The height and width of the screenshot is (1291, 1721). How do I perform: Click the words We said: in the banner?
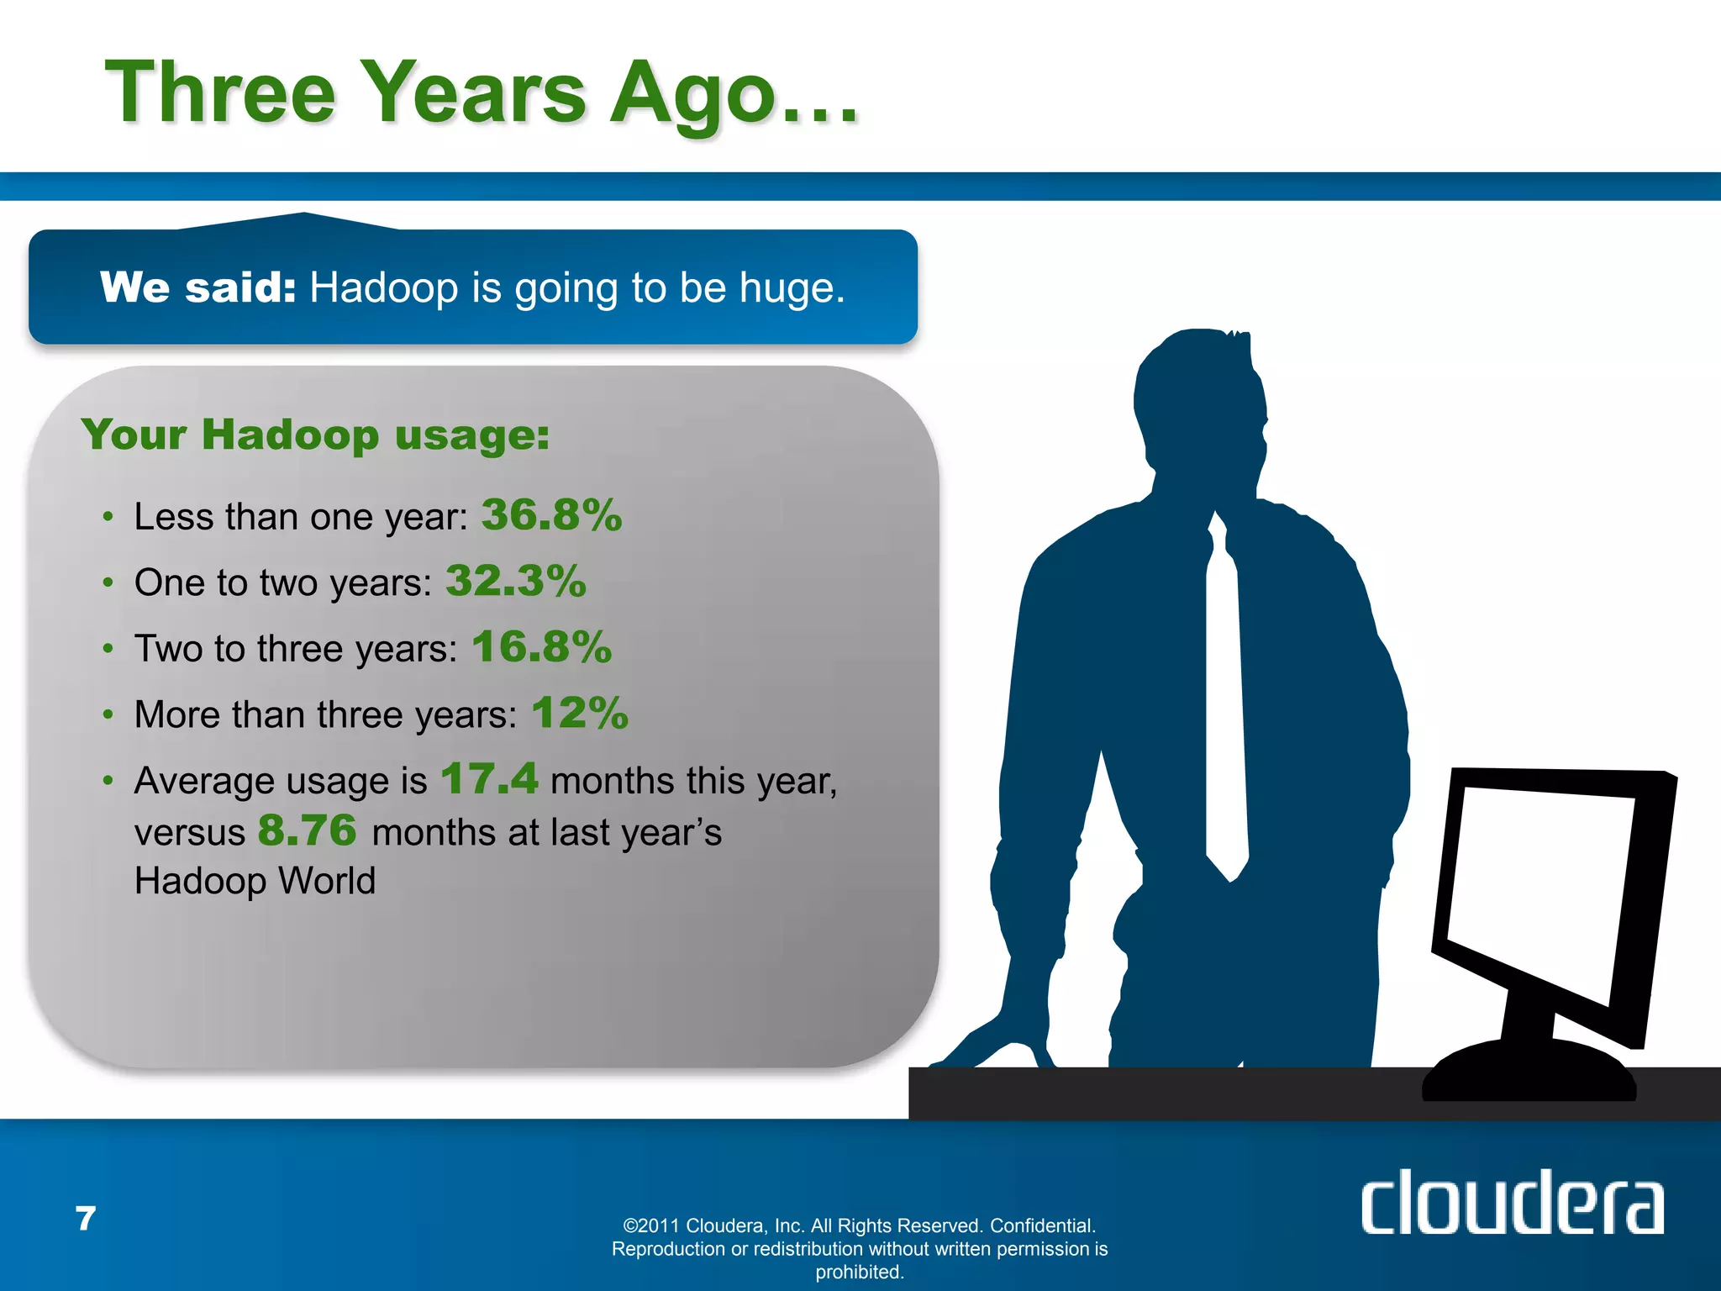pos(198,287)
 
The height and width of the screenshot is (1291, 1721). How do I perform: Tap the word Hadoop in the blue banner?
pos(384,288)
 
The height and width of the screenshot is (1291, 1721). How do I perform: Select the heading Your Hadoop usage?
pos(315,435)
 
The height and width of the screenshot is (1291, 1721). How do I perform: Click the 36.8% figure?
pos(551,514)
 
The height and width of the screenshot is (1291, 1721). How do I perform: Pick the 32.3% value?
pos(516,581)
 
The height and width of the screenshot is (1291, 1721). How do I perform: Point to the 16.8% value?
pos(542,647)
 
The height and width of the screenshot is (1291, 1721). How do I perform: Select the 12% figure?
pos(580,714)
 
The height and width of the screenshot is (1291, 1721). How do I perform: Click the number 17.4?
pos(489,778)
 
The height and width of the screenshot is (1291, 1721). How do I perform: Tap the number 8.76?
pos(308,830)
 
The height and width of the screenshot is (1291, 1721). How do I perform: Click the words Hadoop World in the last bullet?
pos(255,881)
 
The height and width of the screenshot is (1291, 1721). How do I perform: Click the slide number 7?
pos(86,1219)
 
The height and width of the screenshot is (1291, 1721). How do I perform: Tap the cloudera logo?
pos(1511,1204)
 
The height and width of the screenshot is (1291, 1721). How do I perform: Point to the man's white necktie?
pos(1225,714)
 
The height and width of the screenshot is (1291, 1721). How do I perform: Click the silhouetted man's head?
pos(1197,403)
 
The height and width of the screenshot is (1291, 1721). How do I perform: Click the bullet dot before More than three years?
pos(108,714)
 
